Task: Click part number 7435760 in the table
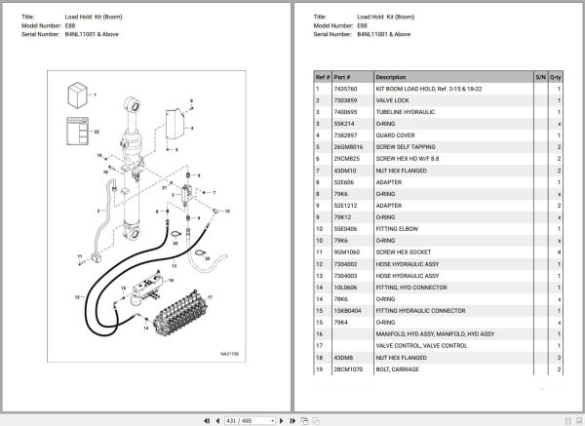click(x=346, y=90)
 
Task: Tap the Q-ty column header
click(x=556, y=76)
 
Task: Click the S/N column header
click(x=540, y=76)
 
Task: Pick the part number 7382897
click(x=346, y=136)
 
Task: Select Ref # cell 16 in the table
click(x=318, y=333)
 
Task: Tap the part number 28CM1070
click(x=348, y=368)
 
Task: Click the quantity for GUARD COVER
click(x=559, y=136)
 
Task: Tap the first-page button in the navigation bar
click(x=206, y=419)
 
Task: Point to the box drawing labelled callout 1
click(x=74, y=96)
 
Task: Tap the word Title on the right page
click(x=322, y=17)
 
